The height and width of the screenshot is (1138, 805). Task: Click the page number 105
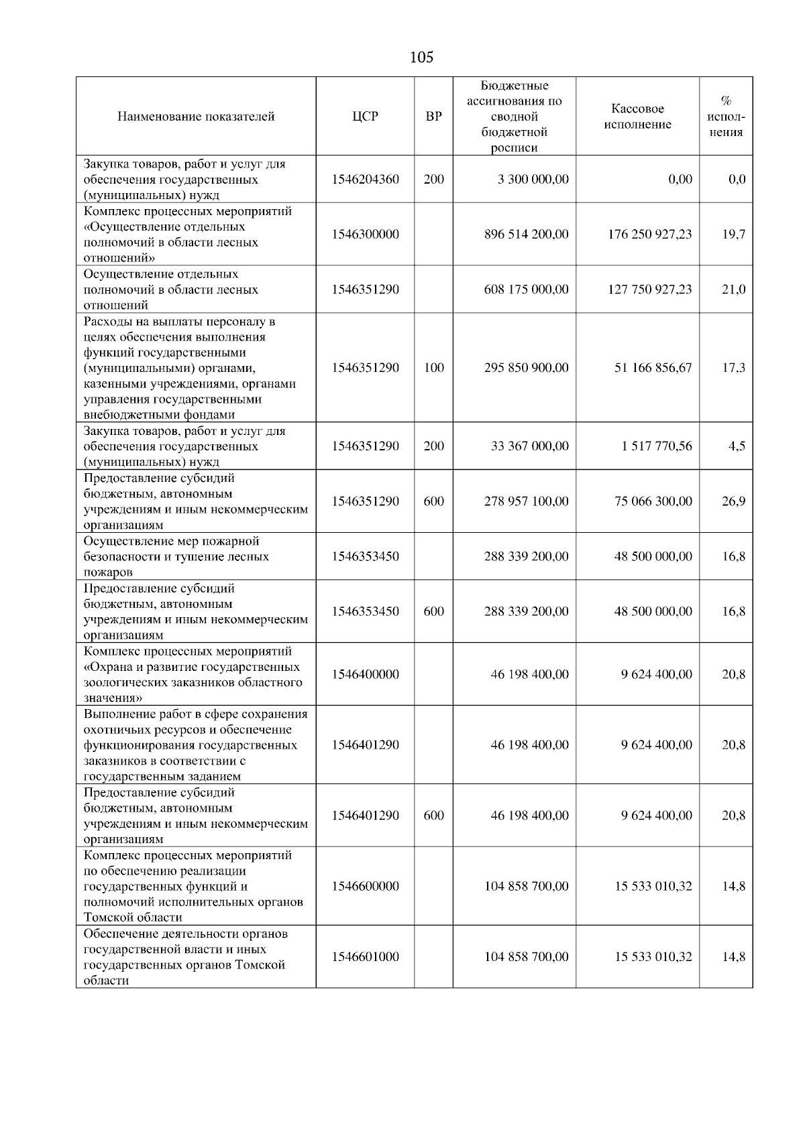[421, 58]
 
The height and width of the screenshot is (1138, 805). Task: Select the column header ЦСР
[365, 117]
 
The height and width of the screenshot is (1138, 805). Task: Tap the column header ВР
[433, 117]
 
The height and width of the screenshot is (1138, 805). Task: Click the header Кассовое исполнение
[637, 117]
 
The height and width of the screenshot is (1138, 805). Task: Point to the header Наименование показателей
[196, 117]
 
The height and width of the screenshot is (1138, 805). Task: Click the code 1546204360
[365, 180]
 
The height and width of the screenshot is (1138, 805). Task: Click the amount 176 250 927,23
[649, 235]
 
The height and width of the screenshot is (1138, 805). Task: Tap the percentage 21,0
[733, 290]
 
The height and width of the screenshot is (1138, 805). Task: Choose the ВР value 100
[433, 368]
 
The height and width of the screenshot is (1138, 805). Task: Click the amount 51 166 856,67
[653, 368]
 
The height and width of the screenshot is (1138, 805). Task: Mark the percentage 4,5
[737, 446]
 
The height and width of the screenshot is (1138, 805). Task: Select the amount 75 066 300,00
[653, 501]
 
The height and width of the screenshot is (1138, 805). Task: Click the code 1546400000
[365, 674]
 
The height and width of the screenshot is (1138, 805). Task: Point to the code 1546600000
[365, 886]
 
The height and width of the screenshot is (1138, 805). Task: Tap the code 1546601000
[365, 957]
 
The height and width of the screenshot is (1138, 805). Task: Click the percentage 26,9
[733, 501]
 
